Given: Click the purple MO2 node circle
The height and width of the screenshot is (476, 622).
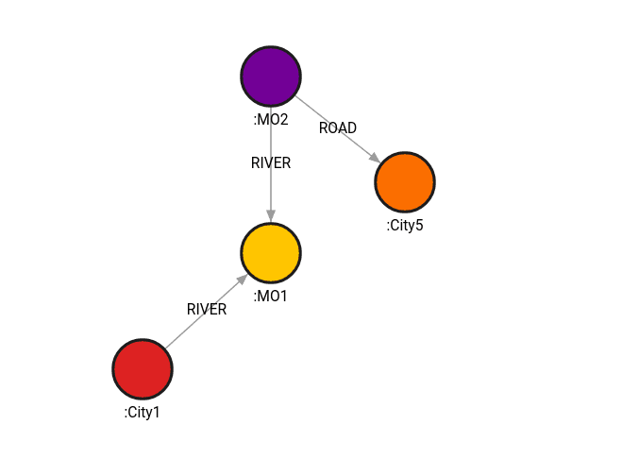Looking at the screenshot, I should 271,76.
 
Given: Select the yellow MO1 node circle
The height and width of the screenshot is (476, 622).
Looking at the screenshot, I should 271,253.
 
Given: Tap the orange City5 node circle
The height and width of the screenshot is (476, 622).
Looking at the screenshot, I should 405,181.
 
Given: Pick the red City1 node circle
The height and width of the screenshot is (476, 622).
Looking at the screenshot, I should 143,368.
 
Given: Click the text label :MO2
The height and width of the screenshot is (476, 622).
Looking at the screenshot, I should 271,119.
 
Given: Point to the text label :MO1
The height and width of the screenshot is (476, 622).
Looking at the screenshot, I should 271,297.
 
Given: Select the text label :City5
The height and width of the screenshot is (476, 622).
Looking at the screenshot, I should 405,225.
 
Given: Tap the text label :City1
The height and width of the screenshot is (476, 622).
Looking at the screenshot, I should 143,412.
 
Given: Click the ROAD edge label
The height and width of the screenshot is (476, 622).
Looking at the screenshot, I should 338,127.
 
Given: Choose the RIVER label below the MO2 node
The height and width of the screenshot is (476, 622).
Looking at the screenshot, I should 271,162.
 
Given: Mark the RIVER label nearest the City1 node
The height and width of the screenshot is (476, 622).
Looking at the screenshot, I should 207,309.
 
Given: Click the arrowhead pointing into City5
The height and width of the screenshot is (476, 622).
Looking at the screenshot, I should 375,158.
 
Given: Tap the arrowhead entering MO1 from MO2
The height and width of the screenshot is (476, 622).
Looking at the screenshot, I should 271,216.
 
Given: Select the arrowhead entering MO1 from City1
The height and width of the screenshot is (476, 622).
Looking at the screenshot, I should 242,280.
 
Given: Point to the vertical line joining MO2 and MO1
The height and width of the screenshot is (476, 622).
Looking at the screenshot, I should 271,189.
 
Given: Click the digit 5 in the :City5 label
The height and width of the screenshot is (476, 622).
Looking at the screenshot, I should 420,225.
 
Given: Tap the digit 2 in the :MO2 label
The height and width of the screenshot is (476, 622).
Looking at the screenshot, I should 285,119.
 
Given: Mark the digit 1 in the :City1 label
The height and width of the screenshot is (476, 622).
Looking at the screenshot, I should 159,412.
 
